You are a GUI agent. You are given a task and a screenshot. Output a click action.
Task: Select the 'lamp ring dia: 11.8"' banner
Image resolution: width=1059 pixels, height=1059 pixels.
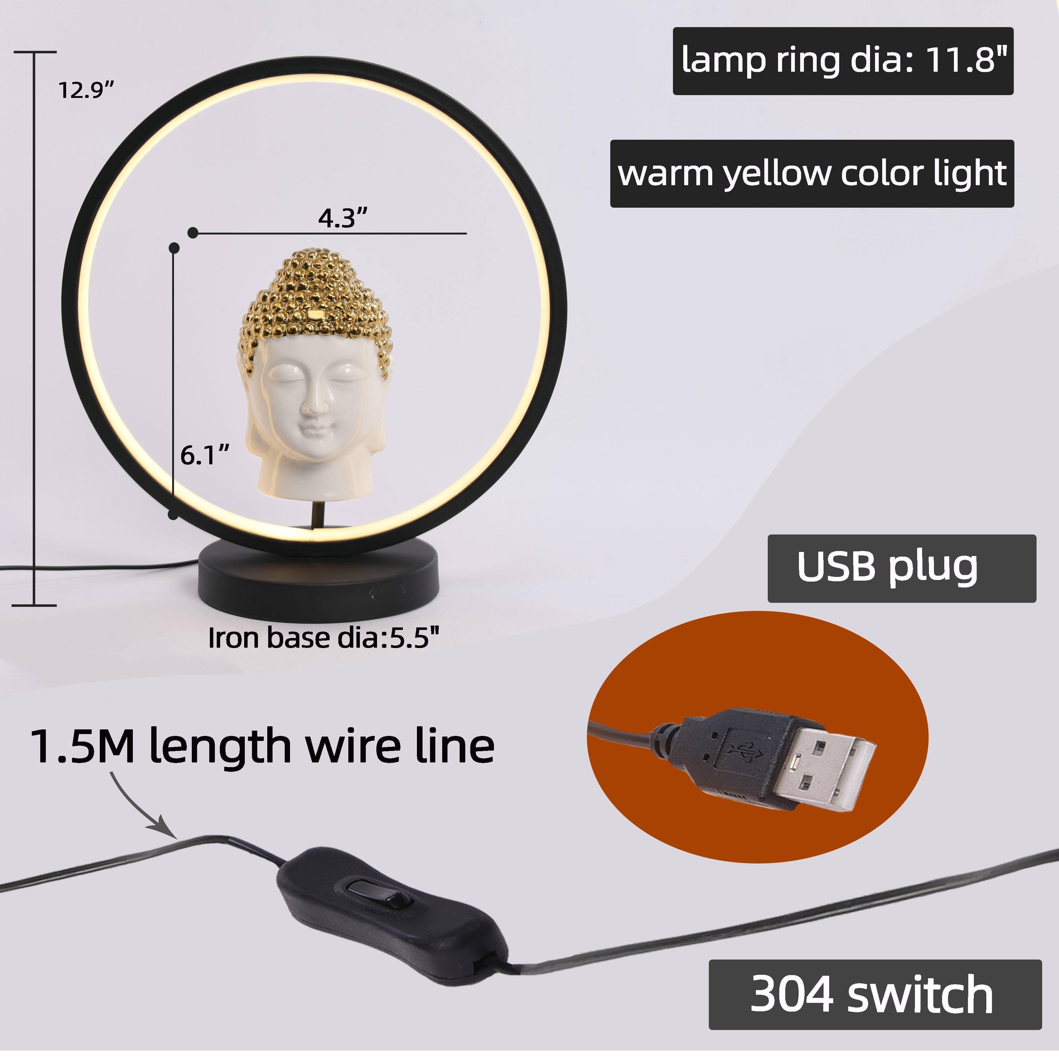pyautogui.click(x=843, y=61)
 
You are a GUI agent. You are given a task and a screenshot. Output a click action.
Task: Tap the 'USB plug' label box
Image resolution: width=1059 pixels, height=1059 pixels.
pyautogui.click(x=902, y=568)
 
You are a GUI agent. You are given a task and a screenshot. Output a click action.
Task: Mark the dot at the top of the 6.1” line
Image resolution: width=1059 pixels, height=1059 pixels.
pyautogui.click(x=174, y=248)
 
